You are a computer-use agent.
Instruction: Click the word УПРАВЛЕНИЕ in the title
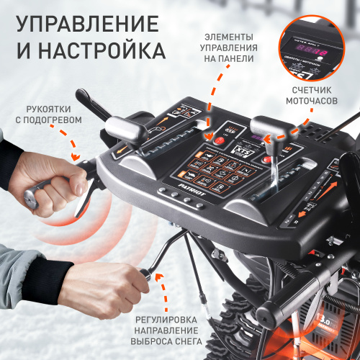(x=87, y=23)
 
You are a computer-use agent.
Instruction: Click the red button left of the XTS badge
(x=210, y=141)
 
